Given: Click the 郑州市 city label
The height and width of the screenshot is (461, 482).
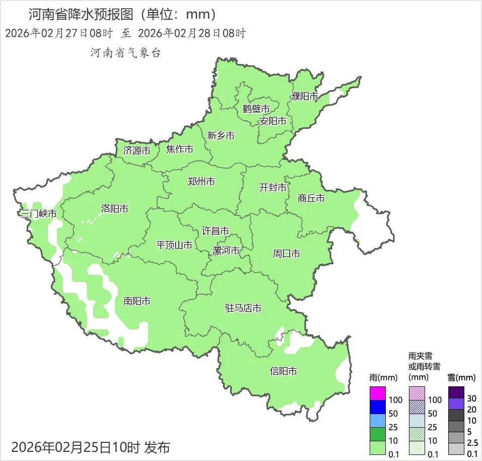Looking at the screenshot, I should [x=201, y=182].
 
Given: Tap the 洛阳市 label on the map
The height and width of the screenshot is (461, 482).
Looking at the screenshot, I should [x=114, y=209].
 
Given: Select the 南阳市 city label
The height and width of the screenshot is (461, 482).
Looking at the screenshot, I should [x=136, y=301].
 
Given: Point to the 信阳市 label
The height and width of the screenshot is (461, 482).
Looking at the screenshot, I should [x=283, y=372].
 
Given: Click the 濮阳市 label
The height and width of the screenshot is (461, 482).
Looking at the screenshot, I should [x=304, y=96].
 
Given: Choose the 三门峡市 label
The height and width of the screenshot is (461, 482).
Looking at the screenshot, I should [x=38, y=214].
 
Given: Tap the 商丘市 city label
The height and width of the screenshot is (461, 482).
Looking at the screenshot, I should [x=311, y=198].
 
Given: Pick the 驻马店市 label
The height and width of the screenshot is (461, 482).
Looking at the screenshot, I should [x=243, y=308].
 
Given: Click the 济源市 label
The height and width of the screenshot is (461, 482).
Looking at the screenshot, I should [x=136, y=151].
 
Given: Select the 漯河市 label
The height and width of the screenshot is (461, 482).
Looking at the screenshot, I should [x=226, y=251].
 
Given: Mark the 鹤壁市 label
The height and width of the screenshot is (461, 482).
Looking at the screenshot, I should [x=256, y=109].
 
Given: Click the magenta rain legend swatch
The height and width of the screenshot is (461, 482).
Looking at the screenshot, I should [x=378, y=393].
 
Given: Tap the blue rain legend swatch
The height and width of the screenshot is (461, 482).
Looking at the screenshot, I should [x=378, y=407].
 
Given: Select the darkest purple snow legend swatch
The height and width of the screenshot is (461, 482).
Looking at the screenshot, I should [x=456, y=392].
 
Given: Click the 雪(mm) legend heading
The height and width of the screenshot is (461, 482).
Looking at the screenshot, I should [x=461, y=377].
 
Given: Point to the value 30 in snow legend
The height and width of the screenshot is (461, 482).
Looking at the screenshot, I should [x=472, y=398].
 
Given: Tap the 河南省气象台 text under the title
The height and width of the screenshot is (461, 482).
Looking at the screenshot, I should [x=125, y=53].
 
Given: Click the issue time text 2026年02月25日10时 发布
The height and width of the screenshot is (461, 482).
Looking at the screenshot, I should [x=91, y=447].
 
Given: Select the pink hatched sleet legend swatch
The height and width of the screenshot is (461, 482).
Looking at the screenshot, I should [x=417, y=393].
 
